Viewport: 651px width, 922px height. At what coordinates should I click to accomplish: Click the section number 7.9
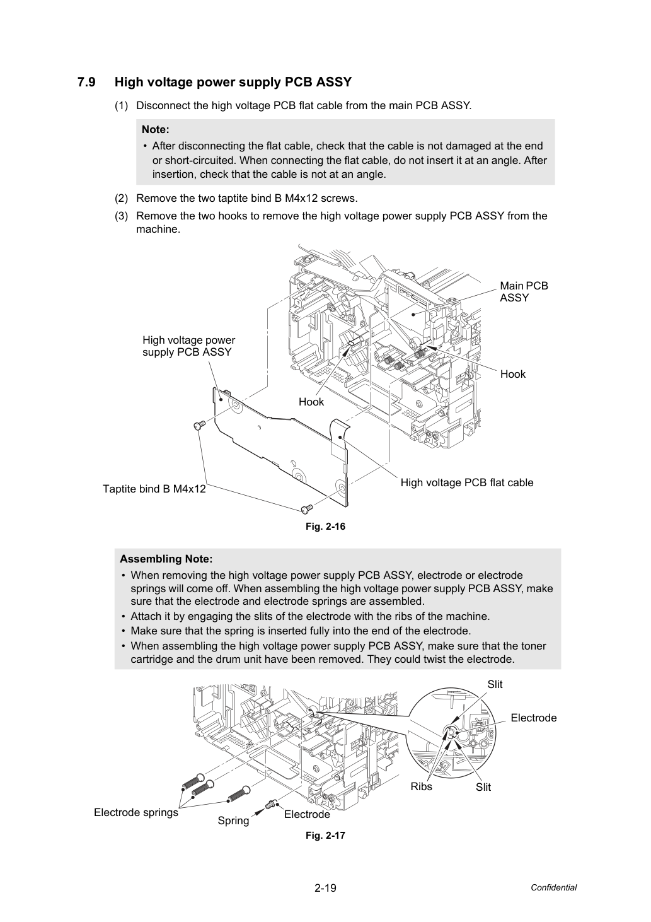click(86, 82)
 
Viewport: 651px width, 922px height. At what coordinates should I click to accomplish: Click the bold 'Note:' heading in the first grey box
click(156, 130)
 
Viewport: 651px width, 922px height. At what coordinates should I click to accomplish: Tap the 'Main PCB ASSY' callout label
click(524, 291)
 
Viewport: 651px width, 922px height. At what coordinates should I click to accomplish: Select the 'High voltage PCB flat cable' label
click(467, 482)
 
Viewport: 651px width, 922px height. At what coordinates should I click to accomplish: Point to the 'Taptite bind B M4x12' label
click(154, 489)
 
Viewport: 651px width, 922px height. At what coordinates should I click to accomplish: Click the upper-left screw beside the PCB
click(199, 426)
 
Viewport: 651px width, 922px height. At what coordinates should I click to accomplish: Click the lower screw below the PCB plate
click(307, 509)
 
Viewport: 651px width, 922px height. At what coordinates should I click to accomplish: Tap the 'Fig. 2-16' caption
click(325, 527)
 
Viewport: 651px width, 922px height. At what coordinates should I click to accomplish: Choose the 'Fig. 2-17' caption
click(325, 835)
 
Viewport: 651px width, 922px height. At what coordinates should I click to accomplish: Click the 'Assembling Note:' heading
click(166, 559)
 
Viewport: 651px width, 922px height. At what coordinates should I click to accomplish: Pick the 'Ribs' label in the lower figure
click(421, 786)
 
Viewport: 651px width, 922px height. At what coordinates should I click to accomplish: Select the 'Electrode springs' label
click(135, 812)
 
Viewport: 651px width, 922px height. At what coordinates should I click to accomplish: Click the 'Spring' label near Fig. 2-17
click(233, 820)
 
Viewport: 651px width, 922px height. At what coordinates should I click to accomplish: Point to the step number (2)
click(122, 199)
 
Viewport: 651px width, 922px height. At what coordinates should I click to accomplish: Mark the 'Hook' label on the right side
click(513, 374)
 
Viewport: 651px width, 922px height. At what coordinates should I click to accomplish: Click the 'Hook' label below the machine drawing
click(311, 402)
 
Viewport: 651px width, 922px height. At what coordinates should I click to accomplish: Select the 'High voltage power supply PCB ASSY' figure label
click(189, 346)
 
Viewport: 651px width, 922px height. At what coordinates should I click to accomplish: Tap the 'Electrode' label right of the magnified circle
click(533, 718)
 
